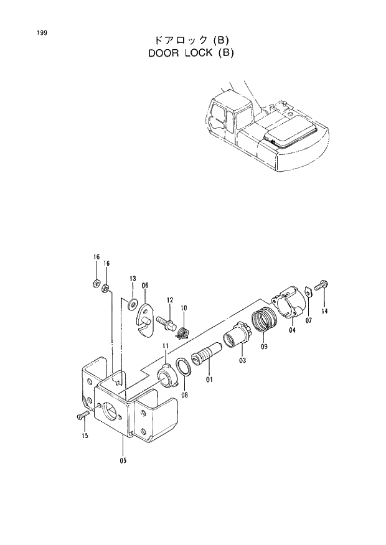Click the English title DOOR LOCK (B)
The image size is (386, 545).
pos(191,53)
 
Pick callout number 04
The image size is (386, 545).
pos(292,330)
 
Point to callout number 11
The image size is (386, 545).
pos(166,346)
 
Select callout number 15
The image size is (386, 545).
pos(85,436)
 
